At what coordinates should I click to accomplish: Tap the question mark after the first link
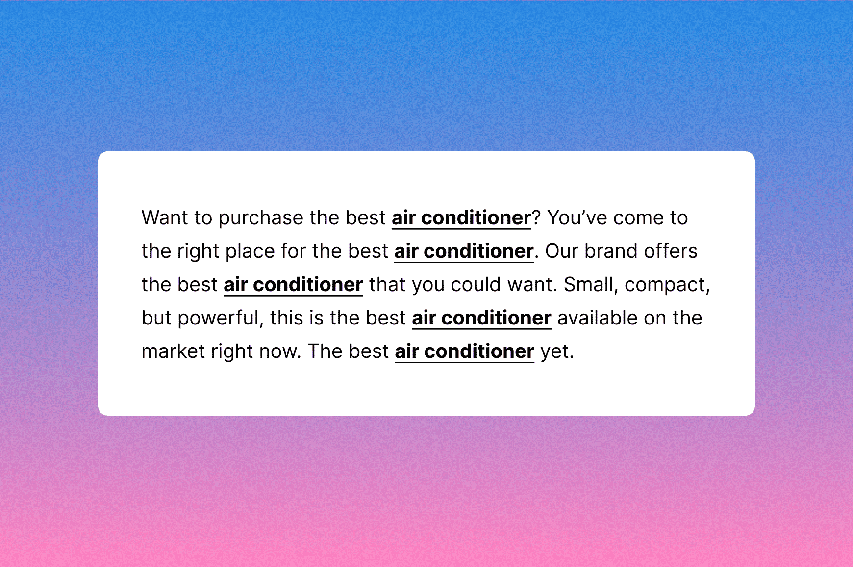(x=536, y=218)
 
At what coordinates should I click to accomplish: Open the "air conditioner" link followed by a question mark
(x=461, y=218)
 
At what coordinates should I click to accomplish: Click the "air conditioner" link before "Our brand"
(x=464, y=252)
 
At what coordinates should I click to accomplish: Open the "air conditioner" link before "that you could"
(x=293, y=285)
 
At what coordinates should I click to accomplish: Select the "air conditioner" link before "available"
(x=481, y=319)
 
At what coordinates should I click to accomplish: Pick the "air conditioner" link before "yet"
(x=464, y=352)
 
